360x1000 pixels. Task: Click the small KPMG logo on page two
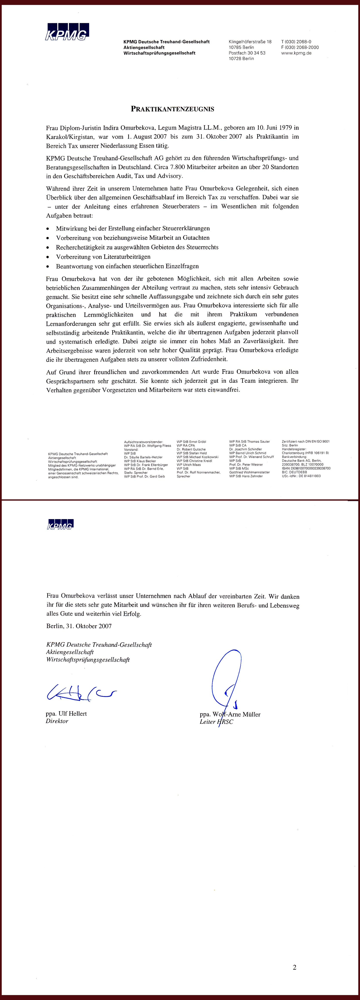tap(60, 524)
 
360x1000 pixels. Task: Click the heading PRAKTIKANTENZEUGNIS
tap(172, 109)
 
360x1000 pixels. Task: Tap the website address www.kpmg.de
tap(296, 53)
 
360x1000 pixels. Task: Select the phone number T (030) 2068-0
tap(296, 42)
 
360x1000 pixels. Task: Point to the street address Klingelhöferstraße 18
tap(250, 42)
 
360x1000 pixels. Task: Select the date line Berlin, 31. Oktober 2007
tap(79, 626)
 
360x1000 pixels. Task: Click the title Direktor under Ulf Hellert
tap(57, 721)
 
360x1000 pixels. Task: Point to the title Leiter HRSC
tap(216, 722)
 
